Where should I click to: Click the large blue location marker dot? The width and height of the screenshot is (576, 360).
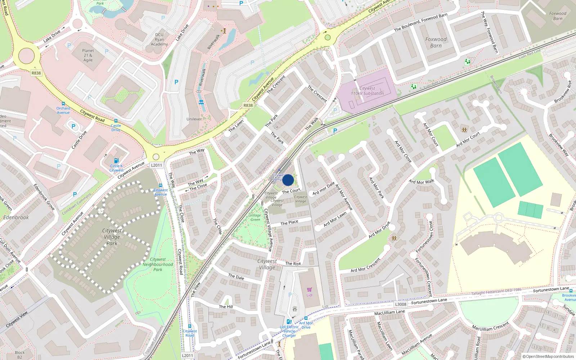click(288, 180)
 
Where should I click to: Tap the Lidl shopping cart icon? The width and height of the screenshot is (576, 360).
click(309, 289)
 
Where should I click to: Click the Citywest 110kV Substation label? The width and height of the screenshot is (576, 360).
click(367, 91)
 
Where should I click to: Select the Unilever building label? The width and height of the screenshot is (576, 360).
click(194, 119)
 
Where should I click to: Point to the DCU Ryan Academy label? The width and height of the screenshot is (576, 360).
click(159, 40)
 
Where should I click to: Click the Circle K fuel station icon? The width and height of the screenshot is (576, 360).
click(116, 161)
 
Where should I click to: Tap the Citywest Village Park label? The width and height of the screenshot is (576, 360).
click(112, 237)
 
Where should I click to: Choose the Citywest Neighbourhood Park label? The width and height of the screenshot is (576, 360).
click(158, 264)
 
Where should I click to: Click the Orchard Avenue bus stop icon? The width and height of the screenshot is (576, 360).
click(63, 104)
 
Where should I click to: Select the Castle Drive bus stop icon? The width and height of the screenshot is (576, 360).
click(116, 121)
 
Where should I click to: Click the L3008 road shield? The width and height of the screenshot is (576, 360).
click(401, 304)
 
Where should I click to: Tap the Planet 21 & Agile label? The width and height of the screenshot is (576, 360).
click(88, 55)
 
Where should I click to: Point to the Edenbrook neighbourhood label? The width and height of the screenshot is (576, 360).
click(16, 217)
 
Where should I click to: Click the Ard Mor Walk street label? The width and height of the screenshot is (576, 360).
click(422, 182)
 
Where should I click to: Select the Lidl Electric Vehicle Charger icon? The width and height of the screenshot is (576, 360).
click(289, 322)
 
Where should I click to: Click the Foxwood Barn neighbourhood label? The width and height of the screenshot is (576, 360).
click(436, 42)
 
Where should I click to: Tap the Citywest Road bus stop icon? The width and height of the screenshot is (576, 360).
click(189, 326)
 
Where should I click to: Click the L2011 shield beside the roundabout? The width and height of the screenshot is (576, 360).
click(157, 165)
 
